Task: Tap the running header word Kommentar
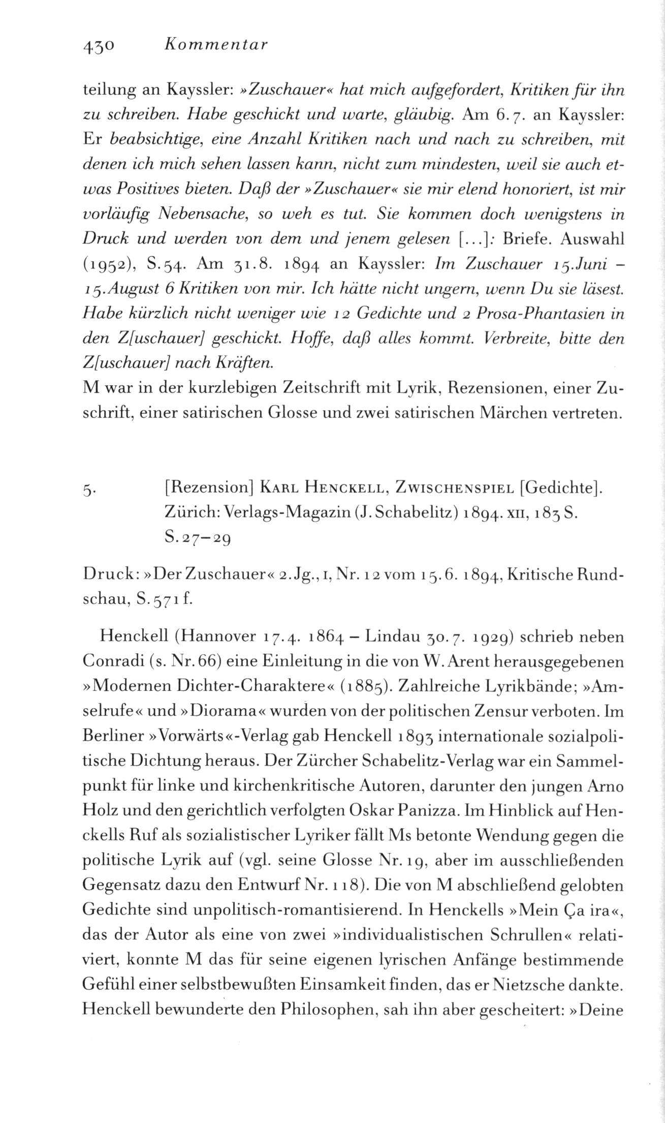pyautogui.click(x=216, y=46)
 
